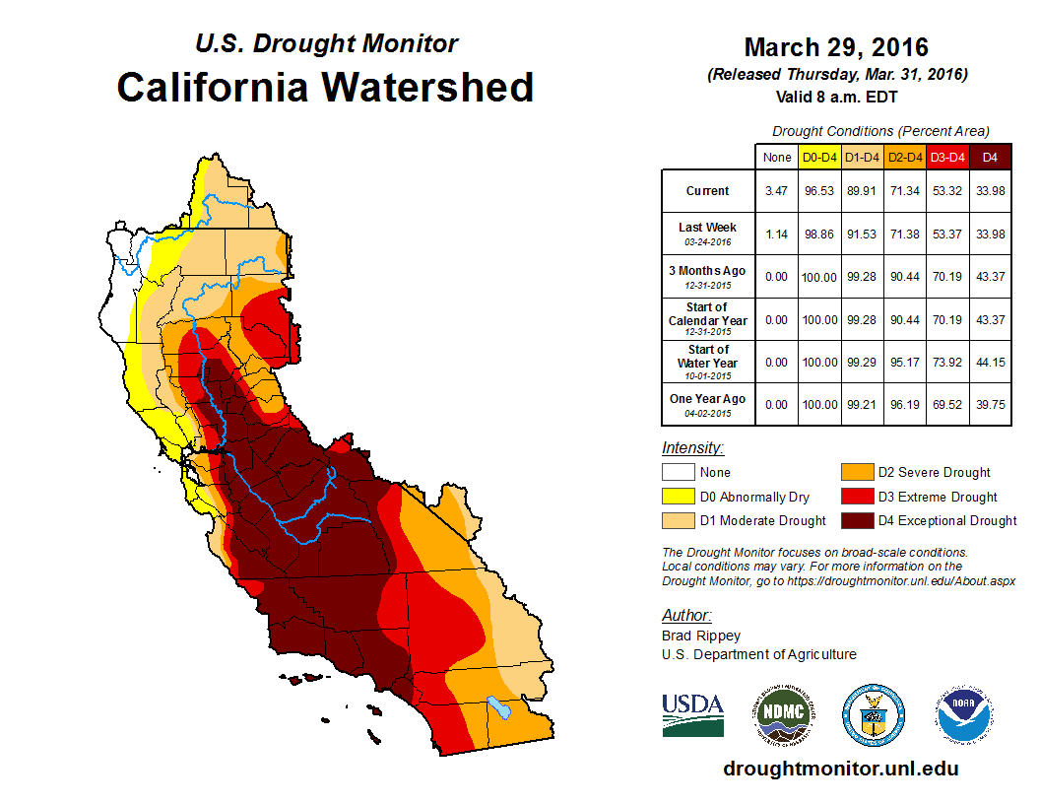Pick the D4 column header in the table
point(991,157)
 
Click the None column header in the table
point(777,157)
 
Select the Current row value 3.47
point(777,191)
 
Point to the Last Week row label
point(708,228)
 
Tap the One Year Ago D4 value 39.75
point(991,400)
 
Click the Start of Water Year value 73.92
point(948,363)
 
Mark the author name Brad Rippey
point(701,636)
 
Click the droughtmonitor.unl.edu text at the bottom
point(840,769)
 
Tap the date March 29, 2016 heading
point(836,46)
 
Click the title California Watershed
point(325,87)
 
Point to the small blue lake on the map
point(498,707)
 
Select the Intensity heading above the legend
point(693,448)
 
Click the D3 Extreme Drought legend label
point(938,497)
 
